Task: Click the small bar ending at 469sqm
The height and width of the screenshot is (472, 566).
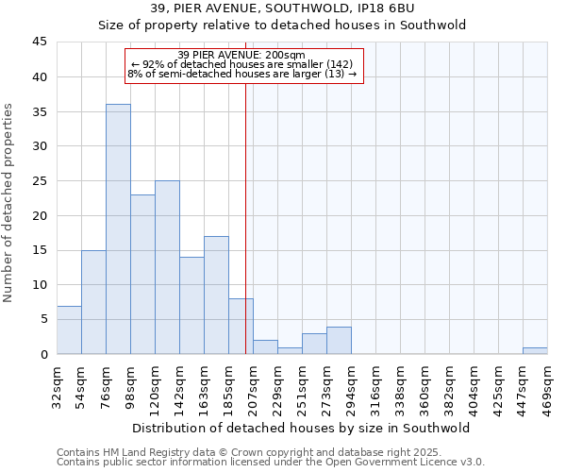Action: tap(535, 350)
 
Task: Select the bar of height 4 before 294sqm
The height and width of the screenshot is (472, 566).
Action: tap(339, 340)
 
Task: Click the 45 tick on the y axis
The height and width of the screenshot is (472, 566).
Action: tap(40, 42)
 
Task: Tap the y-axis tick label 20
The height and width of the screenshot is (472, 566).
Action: tap(40, 215)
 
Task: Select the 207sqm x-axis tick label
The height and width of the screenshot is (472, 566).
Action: tap(253, 387)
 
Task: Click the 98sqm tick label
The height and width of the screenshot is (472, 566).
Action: tap(130, 387)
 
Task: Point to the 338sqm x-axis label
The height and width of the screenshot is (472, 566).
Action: tap(400, 387)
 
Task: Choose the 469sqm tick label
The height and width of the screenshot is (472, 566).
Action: tap(547, 387)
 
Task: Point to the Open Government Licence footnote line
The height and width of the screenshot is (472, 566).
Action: tap(271, 462)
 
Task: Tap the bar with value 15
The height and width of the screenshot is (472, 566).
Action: tap(93, 302)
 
